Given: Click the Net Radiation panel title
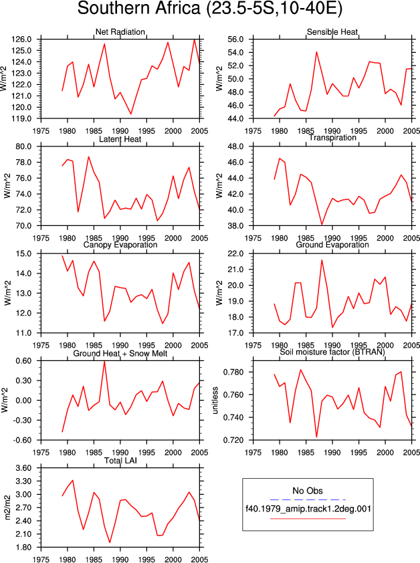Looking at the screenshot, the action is (x=120, y=32).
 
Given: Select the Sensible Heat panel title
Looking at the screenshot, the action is (x=332, y=32).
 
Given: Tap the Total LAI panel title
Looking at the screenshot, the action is (x=120, y=460).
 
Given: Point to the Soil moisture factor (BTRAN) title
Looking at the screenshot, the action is (x=332, y=352).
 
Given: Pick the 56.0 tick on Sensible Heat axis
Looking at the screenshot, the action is (x=235, y=39).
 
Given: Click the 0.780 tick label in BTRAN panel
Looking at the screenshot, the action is (x=233, y=372).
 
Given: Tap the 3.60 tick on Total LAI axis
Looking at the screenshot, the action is (x=23, y=468).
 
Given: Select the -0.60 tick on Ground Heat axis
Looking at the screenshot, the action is (x=22, y=440).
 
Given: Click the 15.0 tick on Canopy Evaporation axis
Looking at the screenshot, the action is (x=23, y=254).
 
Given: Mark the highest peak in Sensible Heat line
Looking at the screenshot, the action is (x=316, y=51).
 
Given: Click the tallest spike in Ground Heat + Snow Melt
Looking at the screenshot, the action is (x=104, y=361).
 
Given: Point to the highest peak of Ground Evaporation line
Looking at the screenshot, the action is (x=322, y=260).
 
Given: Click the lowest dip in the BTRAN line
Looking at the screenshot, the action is (x=316, y=437).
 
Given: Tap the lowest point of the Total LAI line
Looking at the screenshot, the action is (x=110, y=542).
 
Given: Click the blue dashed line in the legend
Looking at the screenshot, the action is (x=308, y=499).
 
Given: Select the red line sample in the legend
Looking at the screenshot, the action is (x=308, y=518).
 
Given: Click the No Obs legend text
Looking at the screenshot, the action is (x=308, y=491).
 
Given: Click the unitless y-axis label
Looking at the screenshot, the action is (x=215, y=401).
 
